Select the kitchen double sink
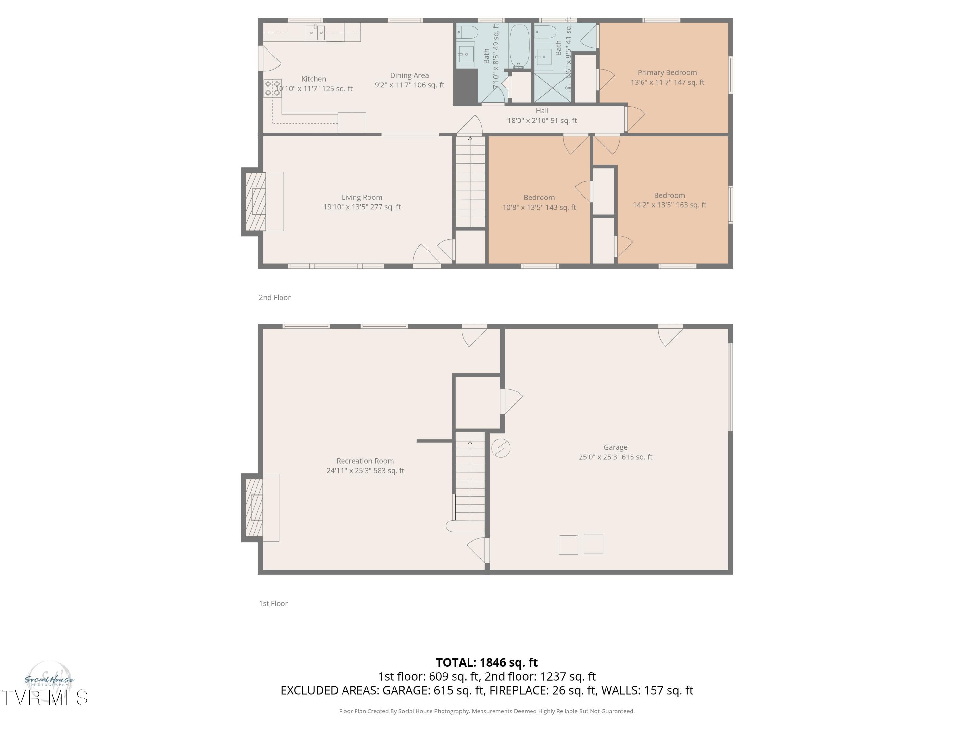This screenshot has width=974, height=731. click(x=315, y=32)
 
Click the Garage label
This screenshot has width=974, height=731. click(x=615, y=447)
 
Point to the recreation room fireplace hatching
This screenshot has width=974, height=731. click(x=254, y=507)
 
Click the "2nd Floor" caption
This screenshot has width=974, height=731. click(x=274, y=297)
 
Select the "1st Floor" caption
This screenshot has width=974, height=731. click(x=273, y=603)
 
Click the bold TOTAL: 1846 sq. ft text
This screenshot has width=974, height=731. click(x=487, y=662)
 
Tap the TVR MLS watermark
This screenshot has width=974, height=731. click(x=44, y=698)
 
